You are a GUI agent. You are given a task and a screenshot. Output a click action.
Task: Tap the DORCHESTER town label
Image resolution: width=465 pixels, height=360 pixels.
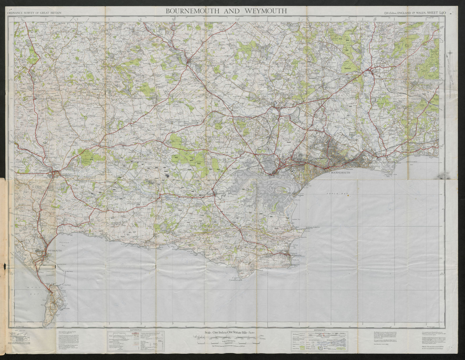pyautogui.click(x=45, y=171)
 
